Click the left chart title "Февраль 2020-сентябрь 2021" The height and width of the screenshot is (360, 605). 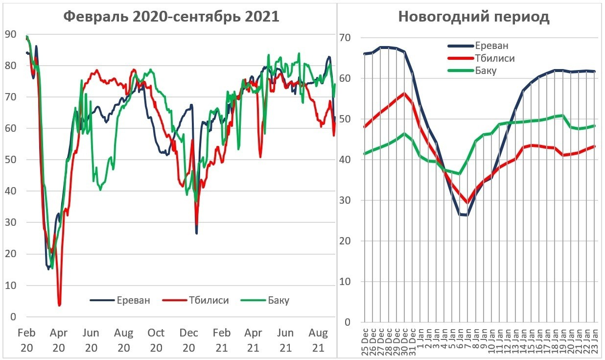(171, 17)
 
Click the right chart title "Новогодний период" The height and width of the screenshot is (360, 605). (473, 17)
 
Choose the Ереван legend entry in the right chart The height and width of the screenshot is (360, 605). (491, 46)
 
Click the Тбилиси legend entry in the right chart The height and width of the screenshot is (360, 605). (494, 58)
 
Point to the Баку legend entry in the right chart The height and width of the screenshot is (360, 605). (486, 71)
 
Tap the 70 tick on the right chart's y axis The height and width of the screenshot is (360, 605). (347, 38)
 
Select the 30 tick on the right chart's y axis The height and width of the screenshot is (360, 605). (347, 200)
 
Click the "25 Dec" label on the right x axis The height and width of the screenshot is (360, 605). (365, 339)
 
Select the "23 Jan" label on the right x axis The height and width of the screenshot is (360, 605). (595, 339)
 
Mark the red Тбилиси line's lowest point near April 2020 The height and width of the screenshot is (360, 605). (59, 305)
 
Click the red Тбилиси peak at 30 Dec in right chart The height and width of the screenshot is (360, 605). (404, 93)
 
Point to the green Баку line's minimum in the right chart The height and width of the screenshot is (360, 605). (459, 173)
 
